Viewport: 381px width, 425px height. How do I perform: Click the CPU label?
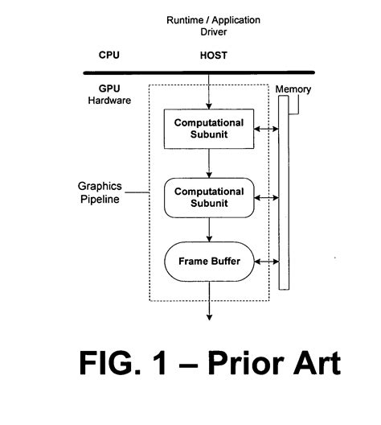click(109, 56)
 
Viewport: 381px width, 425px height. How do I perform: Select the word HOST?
click(213, 56)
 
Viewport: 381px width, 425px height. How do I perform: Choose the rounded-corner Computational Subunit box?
click(209, 198)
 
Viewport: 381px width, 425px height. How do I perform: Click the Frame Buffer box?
click(209, 262)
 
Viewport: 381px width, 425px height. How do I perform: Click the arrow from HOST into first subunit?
click(209, 91)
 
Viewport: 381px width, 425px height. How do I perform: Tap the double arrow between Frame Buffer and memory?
click(265, 262)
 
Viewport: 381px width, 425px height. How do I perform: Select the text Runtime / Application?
click(213, 19)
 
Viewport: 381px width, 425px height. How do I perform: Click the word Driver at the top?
click(213, 33)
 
